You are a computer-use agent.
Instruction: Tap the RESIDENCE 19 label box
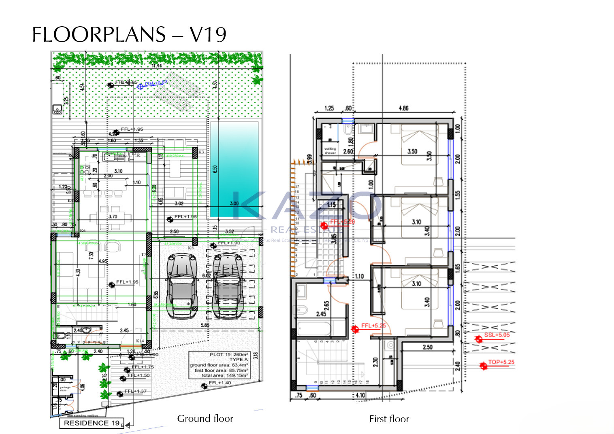[x=92, y=423]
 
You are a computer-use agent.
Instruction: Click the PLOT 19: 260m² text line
[x=229, y=354]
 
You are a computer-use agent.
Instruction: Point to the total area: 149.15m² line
[x=225, y=375]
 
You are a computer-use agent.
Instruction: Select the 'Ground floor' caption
[x=205, y=419]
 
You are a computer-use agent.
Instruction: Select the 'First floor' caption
[x=389, y=419]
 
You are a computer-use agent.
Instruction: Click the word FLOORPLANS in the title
[x=99, y=35]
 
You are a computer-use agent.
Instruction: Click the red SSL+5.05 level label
[x=497, y=335]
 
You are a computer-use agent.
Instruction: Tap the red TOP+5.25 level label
[x=501, y=362]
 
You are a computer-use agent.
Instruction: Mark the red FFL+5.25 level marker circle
[x=355, y=329]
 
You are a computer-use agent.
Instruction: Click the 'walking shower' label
[x=330, y=151]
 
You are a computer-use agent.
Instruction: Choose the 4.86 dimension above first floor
[x=403, y=108]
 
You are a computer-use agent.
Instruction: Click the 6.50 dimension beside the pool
[x=215, y=169]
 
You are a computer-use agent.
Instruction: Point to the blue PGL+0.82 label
[x=156, y=83]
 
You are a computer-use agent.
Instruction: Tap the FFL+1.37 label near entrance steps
[x=135, y=391]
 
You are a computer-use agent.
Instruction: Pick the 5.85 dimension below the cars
[x=205, y=325]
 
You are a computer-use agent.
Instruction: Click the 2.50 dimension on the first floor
[x=427, y=347]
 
